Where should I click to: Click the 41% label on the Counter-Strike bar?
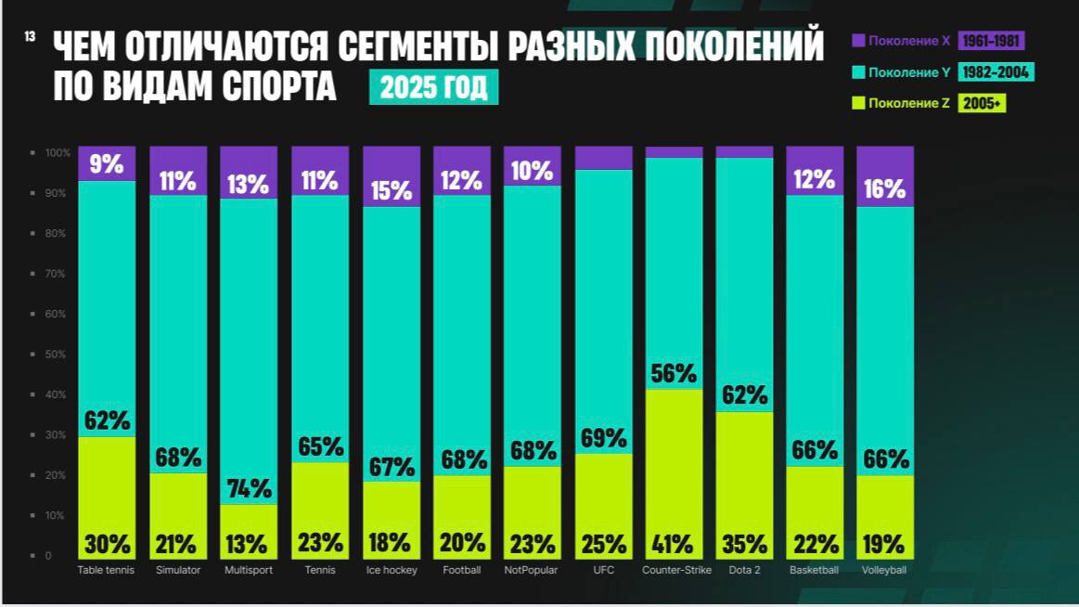673,543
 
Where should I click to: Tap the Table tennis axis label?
106,570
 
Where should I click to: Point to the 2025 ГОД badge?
433,87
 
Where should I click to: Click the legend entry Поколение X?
901,41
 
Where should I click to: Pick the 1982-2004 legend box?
996,72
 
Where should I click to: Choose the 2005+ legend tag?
982,104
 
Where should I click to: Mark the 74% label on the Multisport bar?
249,488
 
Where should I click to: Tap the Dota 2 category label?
744,570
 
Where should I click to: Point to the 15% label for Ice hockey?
391,190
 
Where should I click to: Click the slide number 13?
31,36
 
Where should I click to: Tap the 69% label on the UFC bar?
603,438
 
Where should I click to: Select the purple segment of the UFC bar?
603,158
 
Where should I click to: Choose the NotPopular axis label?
532,570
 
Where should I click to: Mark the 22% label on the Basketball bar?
815,543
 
